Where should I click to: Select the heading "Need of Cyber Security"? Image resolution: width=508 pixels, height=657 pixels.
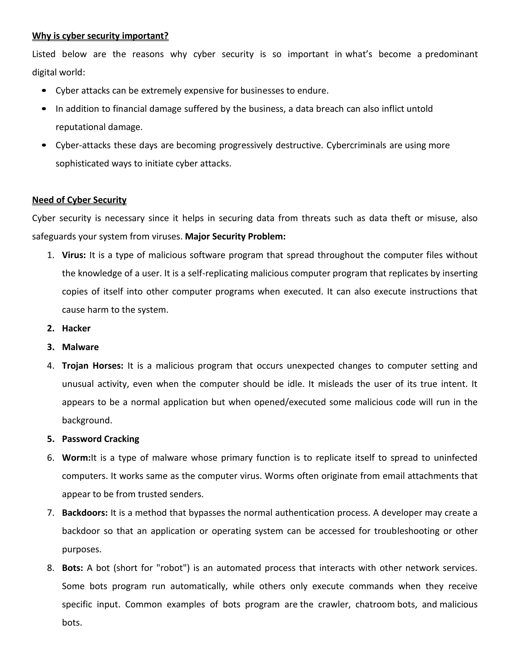click(79, 200)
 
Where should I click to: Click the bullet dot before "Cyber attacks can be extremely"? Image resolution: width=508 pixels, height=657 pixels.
click(44, 90)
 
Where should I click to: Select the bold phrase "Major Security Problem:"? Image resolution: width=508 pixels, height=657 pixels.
click(235, 237)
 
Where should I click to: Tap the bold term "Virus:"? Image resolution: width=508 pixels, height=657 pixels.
click(74, 255)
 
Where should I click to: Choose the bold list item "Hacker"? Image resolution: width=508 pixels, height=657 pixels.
click(76, 328)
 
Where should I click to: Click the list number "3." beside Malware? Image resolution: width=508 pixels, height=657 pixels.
click(51, 347)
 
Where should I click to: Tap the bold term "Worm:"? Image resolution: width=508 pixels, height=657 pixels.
click(76, 458)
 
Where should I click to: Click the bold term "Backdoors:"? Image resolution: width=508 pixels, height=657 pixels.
click(85, 513)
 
